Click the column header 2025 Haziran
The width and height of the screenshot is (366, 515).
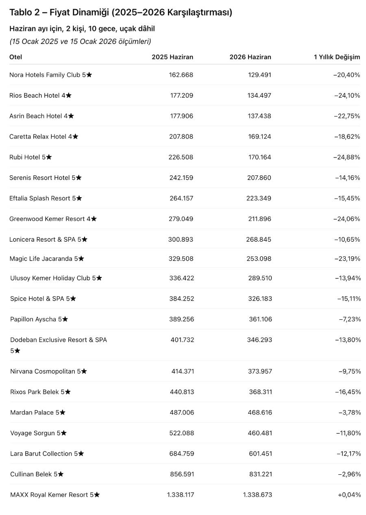172,57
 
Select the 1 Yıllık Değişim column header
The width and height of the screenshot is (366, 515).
337,57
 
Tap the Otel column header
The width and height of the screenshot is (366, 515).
16,57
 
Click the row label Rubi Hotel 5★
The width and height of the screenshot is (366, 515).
30,157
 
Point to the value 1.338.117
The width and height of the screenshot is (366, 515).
181,495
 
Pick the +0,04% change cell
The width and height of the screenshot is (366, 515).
349,495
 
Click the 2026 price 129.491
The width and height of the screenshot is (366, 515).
259,75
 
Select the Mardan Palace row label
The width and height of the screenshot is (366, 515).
38,412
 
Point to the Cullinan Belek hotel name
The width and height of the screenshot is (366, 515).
37,474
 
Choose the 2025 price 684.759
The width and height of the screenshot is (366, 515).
182,454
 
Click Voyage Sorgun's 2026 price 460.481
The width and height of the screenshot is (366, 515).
260,433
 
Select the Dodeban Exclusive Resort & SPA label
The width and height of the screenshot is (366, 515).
59,340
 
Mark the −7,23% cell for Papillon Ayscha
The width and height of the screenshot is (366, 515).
350,319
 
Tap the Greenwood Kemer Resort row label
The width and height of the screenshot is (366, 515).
53,219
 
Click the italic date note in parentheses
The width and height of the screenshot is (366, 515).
80,41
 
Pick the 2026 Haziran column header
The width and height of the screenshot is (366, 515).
250,57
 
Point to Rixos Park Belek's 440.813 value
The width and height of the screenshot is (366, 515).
182,392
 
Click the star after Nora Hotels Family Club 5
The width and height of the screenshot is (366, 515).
89,75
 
